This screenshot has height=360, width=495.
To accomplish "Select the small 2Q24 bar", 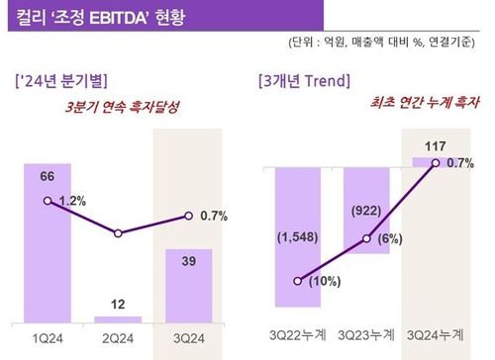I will pyautogui.click(x=118, y=318).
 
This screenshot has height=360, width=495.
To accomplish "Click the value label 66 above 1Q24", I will pyautogui.click(x=47, y=175).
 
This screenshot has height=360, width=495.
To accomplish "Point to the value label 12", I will pyautogui.click(x=118, y=303).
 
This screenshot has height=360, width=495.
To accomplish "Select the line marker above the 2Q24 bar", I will pyautogui.click(x=118, y=233).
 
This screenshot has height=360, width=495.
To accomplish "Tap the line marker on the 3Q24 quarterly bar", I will pyautogui.click(x=188, y=215).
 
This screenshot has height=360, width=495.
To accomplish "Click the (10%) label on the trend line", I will pyautogui.click(x=322, y=282).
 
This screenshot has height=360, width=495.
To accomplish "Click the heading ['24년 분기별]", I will pyautogui.click(x=61, y=79).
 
